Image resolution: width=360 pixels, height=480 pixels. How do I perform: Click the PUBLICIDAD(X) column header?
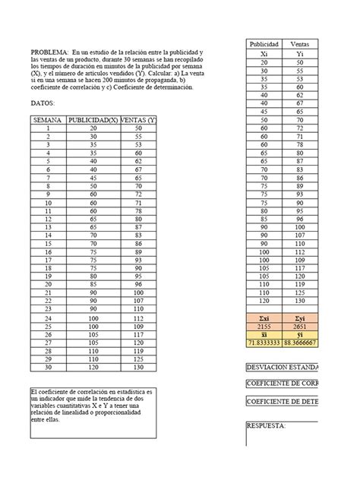(93, 121)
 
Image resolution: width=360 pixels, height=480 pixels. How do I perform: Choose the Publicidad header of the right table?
(265, 46)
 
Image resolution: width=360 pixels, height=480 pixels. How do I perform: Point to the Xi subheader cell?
(264, 55)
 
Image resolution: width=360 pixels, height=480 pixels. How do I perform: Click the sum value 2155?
(264, 325)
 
